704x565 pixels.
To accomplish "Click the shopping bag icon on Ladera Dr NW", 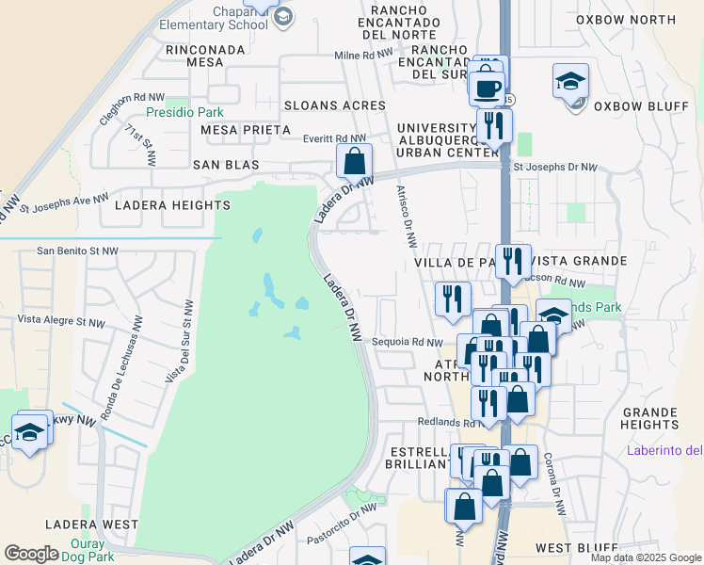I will [355, 162].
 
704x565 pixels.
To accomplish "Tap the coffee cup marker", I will [487, 89].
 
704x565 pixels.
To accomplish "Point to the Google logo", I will [32, 554].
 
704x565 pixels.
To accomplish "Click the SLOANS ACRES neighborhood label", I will [335, 105].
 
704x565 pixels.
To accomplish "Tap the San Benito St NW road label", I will [77, 251].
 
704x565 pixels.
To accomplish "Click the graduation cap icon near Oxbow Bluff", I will [570, 82].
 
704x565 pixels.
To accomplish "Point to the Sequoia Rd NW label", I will [407, 342].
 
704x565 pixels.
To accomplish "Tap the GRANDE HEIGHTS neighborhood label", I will [650, 418].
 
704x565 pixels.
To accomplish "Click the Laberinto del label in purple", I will [664, 450].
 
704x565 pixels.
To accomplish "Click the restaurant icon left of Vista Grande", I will [512, 260].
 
